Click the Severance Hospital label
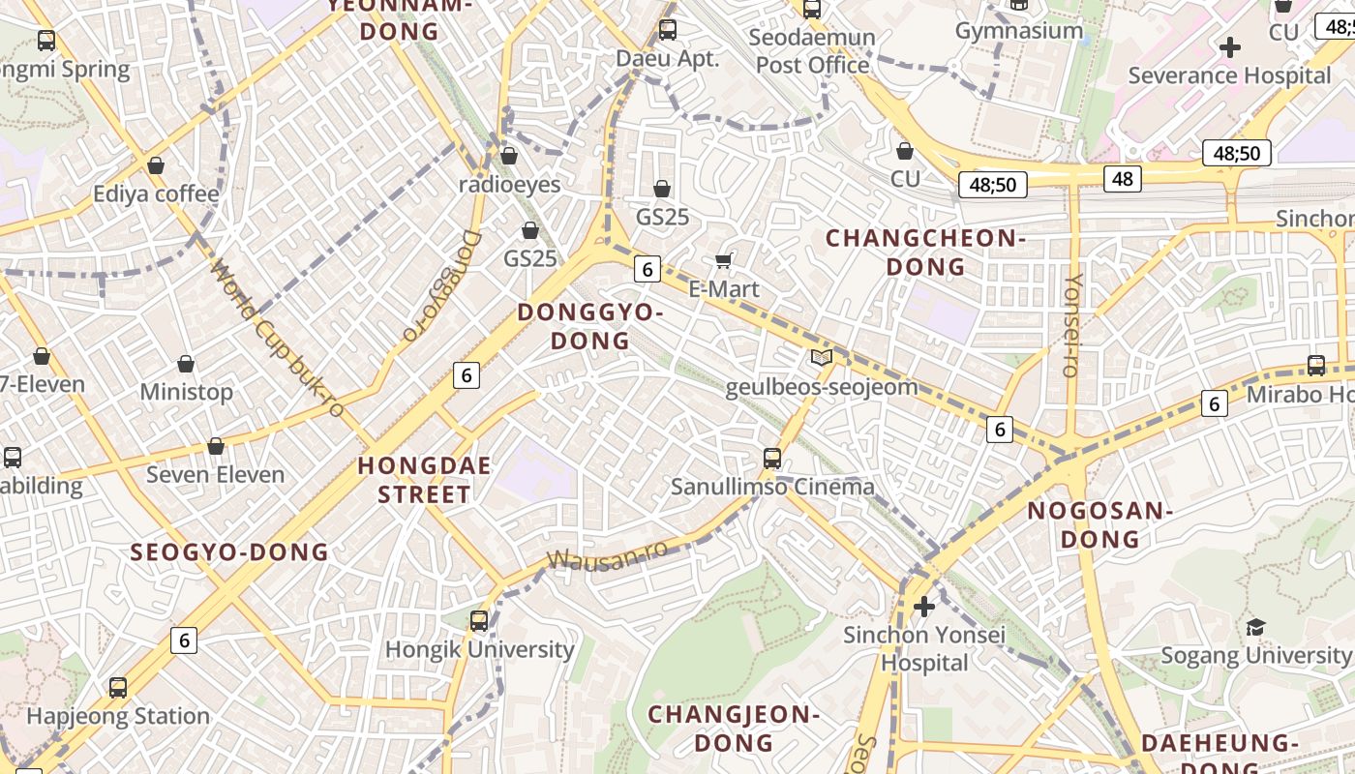tap(1229, 75)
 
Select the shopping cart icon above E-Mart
tap(723, 260)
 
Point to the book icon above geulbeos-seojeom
tap(822, 358)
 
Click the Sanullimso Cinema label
tap(772, 487)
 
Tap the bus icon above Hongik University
tap(479, 620)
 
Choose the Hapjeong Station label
tap(118, 716)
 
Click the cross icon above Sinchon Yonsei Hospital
tap(924, 607)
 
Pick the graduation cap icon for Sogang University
tap(1255, 627)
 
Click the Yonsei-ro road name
tap(1071, 325)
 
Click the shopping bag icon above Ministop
tap(186, 364)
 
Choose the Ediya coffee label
tap(156, 194)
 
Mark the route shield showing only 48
tap(1122, 178)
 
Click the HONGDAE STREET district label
tap(424, 480)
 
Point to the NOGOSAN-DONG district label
tap(1099, 524)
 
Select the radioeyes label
tap(509, 184)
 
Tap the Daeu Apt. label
tap(668, 58)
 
